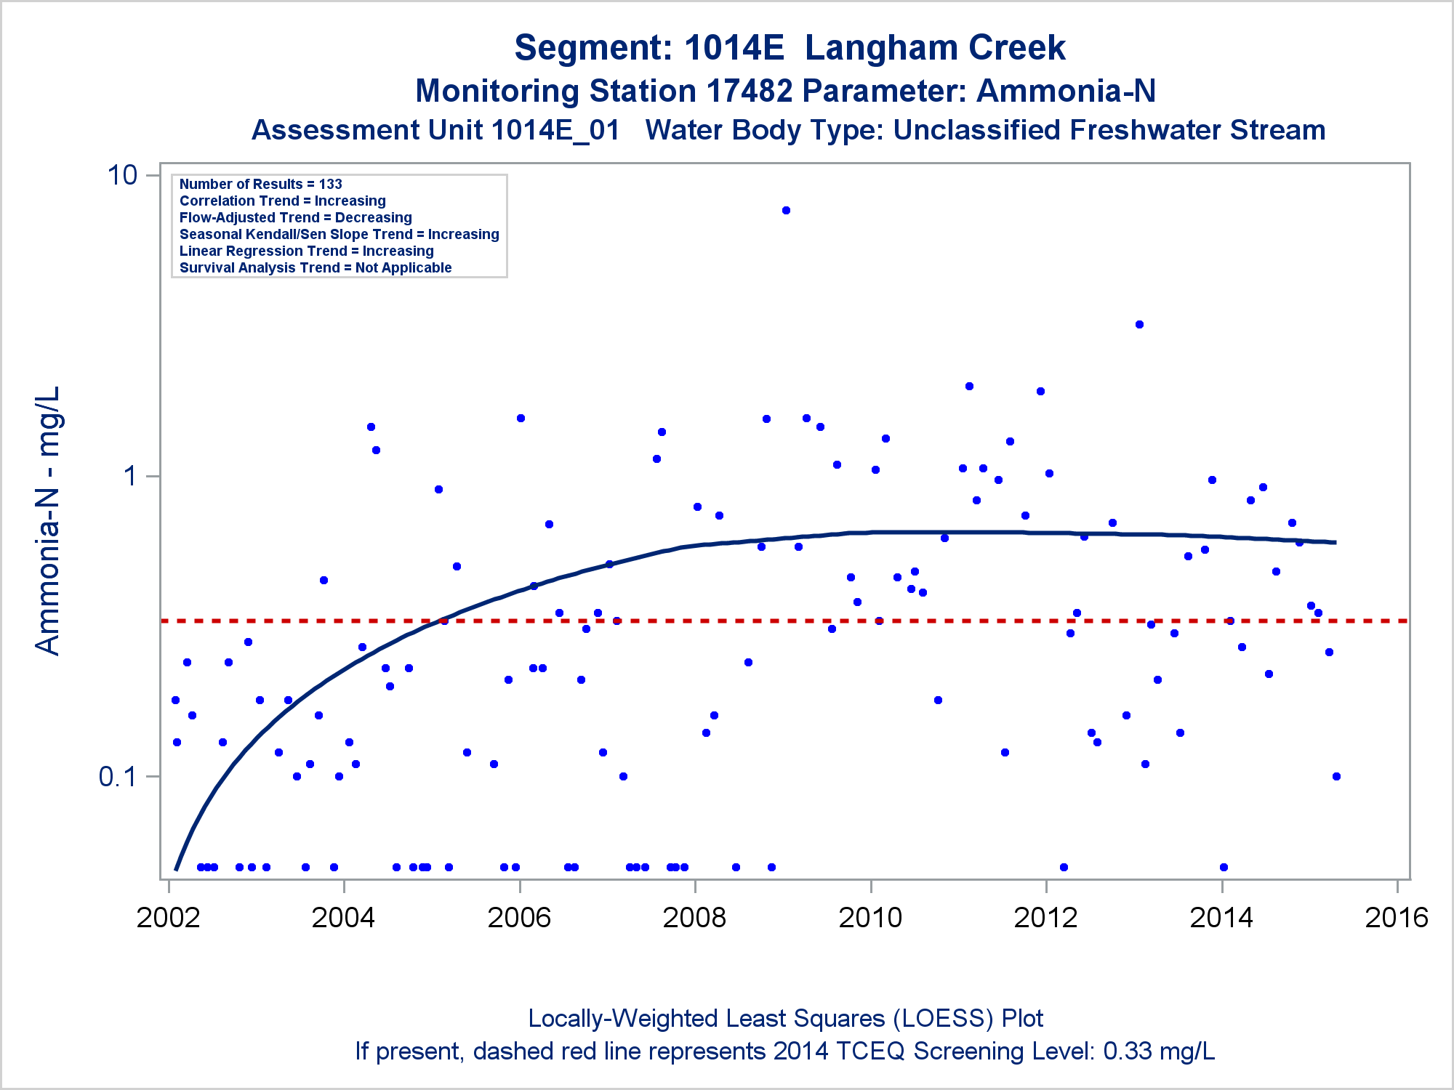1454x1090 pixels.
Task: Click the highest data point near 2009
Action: tap(786, 211)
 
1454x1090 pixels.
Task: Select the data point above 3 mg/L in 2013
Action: tap(1139, 325)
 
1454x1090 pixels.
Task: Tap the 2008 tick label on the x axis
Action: tap(694, 918)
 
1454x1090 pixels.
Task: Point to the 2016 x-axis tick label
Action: tap(1397, 918)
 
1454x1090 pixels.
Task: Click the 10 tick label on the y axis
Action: tap(122, 175)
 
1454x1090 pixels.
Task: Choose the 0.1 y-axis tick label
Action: tap(118, 777)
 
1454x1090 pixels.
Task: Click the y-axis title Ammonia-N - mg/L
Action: tap(48, 520)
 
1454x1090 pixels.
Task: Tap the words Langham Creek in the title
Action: tap(935, 48)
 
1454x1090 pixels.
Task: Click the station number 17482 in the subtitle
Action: tap(749, 92)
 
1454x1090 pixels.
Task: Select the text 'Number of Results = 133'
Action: tap(260, 185)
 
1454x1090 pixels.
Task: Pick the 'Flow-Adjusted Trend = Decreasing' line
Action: tap(295, 218)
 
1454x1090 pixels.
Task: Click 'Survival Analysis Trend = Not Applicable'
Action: tap(316, 268)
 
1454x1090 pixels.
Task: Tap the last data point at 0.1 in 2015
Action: tap(1336, 777)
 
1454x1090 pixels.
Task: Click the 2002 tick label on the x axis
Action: tap(168, 918)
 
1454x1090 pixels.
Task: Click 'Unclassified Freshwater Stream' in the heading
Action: tap(1109, 131)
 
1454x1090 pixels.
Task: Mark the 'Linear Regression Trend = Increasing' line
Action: tap(306, 251)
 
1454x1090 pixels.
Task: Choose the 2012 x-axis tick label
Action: tap(1045, 918)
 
